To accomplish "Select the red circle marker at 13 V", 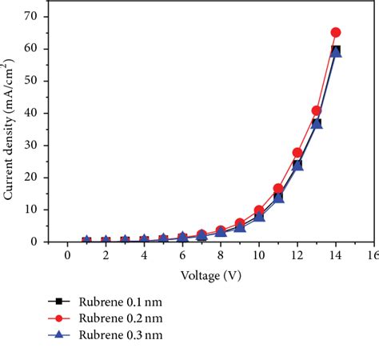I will [x=317, y=110].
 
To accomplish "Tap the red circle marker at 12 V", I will [x=297, y=152].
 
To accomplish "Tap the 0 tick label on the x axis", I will [x=67, y=255].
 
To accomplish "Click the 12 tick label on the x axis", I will [x=297, y=255].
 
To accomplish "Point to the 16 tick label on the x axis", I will [x=371, y=255].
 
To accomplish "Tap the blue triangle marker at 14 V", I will [x=336, y=52].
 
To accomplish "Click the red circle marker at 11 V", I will [x=278, y=189].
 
